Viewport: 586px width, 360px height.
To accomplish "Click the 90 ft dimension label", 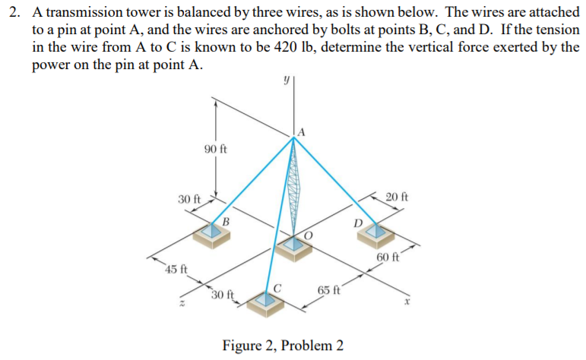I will [x=216, y=148].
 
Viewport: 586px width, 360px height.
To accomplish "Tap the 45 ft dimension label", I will [x=177, y=270].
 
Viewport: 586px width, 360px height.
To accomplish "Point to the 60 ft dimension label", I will [x=389, y=257].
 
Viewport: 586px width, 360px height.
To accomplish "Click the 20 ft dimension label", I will [x=396, y=197].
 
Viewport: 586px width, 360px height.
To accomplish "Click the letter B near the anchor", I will [x=226, y=221].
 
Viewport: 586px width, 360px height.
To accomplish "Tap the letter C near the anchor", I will [x=278, y=288].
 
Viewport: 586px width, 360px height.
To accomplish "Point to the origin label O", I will [x=308, y=236].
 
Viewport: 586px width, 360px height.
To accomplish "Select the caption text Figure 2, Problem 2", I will [x=283, y=346].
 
